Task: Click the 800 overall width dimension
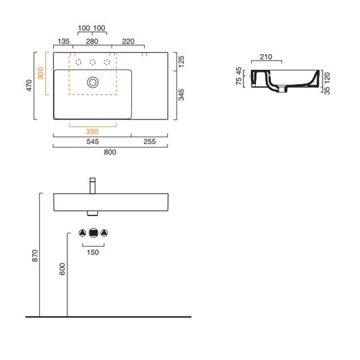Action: coord(110,152)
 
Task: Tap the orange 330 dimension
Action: coord(92,131)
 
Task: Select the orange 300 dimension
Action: coord(41,73)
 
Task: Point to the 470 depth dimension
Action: coord(29,85)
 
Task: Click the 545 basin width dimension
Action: coord(93,141)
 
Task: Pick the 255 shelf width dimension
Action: coord(150,141)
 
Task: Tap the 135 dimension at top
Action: coord(63,41)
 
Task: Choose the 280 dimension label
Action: coord(92,41)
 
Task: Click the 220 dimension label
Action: coord(128,41)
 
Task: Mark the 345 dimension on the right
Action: coord(181,95)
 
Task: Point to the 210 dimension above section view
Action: coord(266,57)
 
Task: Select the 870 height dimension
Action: coord(35,255)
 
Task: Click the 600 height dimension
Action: coord(62,269)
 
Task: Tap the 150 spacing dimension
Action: coord(93,252)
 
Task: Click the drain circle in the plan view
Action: coord(93,82)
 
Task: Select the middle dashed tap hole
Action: coord(93,62)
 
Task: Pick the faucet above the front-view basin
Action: coord(93,186)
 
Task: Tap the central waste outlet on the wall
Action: coord(93,233)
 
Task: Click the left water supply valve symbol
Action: coord(83,233)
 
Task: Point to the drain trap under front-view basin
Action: coord(93,213)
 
